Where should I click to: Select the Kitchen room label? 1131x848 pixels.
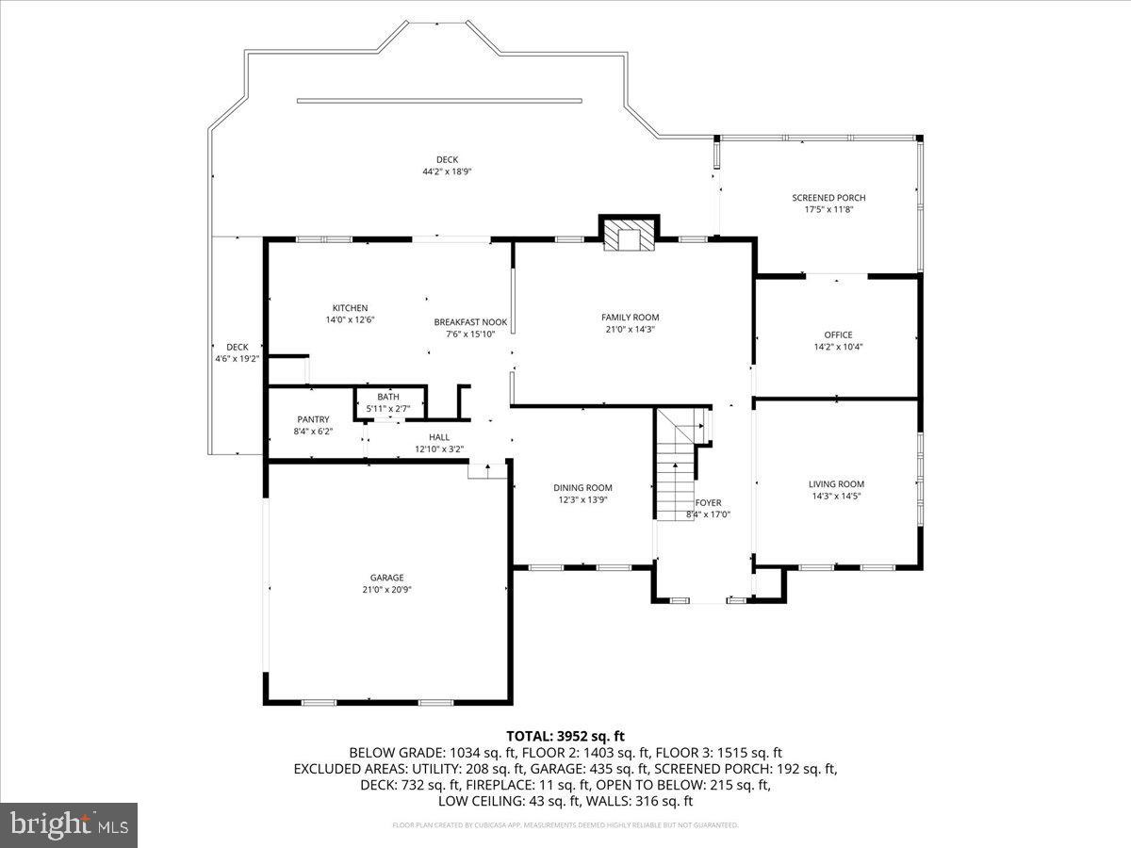[x=350, y=308]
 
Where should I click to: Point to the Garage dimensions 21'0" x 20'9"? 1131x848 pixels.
[x=386, y=590]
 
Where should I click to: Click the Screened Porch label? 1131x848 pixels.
[x=828, y=198]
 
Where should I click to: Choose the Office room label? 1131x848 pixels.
[x=838, y=334]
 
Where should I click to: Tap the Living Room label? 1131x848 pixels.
[x=836, y=484]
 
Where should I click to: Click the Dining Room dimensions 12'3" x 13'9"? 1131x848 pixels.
[x=582, y=500]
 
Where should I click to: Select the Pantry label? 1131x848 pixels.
[x=313, y=419]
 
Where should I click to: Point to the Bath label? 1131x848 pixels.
[x=388, y=397]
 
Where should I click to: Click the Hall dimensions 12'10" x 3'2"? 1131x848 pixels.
[x=439, y=449]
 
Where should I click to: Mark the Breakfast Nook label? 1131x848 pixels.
[x=470, y=322]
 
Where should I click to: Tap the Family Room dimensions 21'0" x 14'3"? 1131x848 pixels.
[x=630, y=330]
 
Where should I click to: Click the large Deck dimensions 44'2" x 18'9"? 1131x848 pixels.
[x=447, y=171]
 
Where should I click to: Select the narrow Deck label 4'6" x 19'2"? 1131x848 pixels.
[x=237, y=347]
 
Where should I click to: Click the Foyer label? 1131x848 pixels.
[x=708, y=503]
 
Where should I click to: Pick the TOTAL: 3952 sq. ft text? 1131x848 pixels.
[x=565, y=736]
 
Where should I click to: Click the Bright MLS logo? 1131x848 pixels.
[x=69, y=825]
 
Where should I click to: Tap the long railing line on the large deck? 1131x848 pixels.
[x=439, y=101]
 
